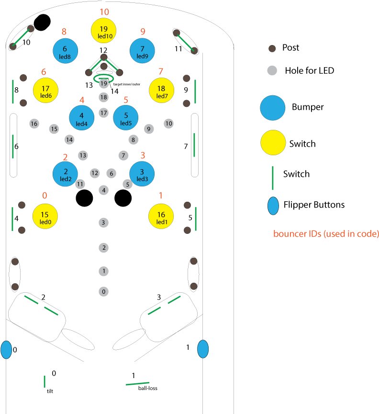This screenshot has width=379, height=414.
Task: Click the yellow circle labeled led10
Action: point(104,31)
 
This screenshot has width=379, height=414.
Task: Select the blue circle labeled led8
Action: point(65,51)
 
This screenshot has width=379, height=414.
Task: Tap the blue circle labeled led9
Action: point(142,51)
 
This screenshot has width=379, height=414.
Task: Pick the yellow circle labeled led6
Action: point(45,90)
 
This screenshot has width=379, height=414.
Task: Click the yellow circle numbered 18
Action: point(161,90)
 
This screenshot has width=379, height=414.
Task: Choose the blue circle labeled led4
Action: point(81,117)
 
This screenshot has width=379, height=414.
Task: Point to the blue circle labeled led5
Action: point(126,117)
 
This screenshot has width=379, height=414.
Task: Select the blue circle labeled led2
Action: point(66,174)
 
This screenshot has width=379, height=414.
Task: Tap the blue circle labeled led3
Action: point(142,174)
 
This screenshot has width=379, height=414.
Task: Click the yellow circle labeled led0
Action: point(45,216)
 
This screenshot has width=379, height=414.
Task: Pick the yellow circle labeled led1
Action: point(161,216)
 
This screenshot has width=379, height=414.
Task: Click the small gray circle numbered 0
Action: point(104,291)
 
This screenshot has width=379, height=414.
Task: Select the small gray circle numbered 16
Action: point(33,124)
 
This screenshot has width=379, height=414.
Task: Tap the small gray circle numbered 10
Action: point(168,124)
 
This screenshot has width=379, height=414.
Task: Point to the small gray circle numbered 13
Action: point(83,155)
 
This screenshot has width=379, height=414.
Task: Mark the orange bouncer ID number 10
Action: point(104,12)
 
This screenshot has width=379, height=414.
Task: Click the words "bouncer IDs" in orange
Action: point(292,234)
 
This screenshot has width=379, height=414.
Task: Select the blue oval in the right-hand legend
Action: point(273,206)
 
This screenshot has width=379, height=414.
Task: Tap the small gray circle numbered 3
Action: point(103,222)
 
